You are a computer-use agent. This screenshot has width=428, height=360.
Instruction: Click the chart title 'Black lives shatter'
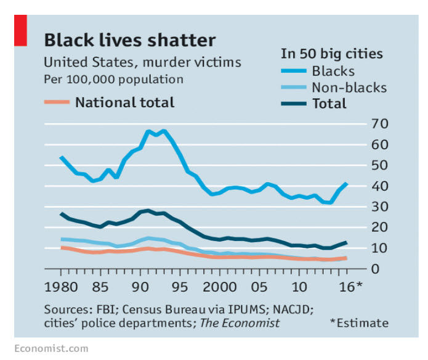(129, 41)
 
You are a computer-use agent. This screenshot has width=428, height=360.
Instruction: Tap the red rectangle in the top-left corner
(21, 31)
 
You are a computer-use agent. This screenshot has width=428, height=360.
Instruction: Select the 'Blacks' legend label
(333, 71)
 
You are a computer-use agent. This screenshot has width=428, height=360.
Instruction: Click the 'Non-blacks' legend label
(349, 88)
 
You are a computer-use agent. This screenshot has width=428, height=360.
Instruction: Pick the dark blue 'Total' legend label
(329, 104)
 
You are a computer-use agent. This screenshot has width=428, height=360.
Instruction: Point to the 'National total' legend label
(124, 102)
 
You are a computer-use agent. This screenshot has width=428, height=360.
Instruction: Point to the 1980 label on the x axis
(61, 287)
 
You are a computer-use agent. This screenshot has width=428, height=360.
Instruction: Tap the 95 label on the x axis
(179, 287)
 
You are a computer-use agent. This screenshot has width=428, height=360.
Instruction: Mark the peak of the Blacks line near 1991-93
(148, 131)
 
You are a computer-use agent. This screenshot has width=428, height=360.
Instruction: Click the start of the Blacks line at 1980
(61, 157)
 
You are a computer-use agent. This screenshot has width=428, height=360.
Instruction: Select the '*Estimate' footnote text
(359, 323)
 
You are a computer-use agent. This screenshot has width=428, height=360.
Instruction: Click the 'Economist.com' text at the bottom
(50, 348)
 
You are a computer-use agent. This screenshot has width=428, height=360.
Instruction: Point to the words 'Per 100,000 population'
(113, 80)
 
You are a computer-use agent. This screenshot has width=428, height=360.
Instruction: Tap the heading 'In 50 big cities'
(331, 54)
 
